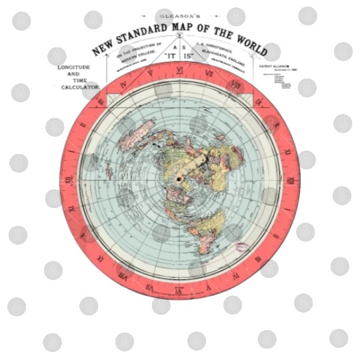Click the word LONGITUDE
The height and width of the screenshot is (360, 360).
[x=78, y=68]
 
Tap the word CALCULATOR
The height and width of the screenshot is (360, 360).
[x=80, y=87]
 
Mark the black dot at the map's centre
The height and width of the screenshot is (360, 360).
[x=179, y=179]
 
